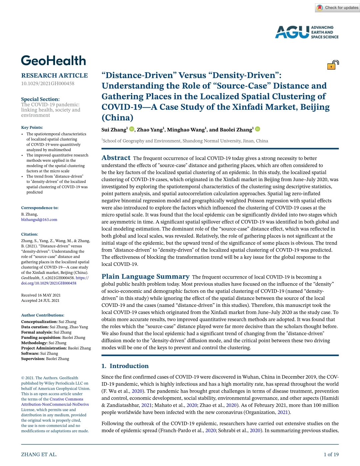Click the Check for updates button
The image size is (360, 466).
337,8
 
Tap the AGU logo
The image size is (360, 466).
306,32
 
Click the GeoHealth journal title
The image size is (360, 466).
54,61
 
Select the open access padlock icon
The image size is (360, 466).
333,65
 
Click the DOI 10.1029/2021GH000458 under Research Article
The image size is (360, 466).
48,83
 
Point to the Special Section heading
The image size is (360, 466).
40,99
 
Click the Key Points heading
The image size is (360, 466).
32,127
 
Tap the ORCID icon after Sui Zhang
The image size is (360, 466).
132,129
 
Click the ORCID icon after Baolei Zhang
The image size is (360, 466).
258,129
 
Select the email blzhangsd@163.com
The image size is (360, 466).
39,219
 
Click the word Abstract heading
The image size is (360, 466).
116,158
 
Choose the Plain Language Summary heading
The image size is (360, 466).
145,277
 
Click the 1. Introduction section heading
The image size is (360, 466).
125,366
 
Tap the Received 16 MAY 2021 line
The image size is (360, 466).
41,295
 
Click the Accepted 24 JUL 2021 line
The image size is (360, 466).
40,301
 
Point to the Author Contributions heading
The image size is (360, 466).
43,315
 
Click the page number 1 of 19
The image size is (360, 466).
331,454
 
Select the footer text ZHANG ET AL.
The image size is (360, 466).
39,454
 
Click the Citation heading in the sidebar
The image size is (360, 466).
30,235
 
